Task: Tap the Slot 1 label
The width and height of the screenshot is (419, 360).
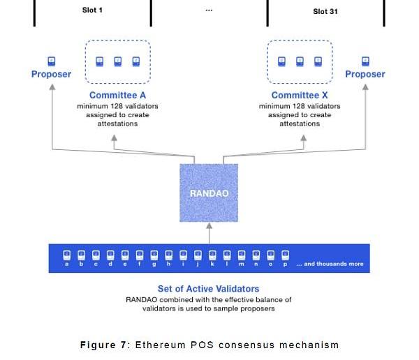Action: [93, 10]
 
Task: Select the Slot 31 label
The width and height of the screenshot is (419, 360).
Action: [325, 11]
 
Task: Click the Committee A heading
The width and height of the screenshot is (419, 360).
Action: [117, 96]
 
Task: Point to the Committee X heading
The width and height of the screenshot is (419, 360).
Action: [300, 96]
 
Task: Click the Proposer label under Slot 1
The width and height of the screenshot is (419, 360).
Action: [51, 75]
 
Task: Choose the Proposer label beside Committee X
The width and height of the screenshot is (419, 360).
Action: [365, 75]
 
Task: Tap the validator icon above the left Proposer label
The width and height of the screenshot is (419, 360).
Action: [51, 61]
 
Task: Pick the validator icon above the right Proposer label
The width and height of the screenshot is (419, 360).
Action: [365, 61]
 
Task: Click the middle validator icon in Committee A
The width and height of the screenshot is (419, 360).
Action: [117, 61]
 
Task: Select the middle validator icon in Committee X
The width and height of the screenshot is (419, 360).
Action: [300, 61]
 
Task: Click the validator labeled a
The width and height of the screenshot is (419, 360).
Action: [66, 255]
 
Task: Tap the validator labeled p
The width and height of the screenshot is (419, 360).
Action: [284, 255]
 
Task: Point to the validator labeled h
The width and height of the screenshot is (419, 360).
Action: [168, 255]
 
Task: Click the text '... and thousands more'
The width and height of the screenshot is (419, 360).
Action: [330, 264]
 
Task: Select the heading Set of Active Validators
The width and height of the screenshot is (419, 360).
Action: [208, 288]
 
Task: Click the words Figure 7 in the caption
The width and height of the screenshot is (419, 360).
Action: [105, 345]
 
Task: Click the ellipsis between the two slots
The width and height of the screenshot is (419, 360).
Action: [208, 10]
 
